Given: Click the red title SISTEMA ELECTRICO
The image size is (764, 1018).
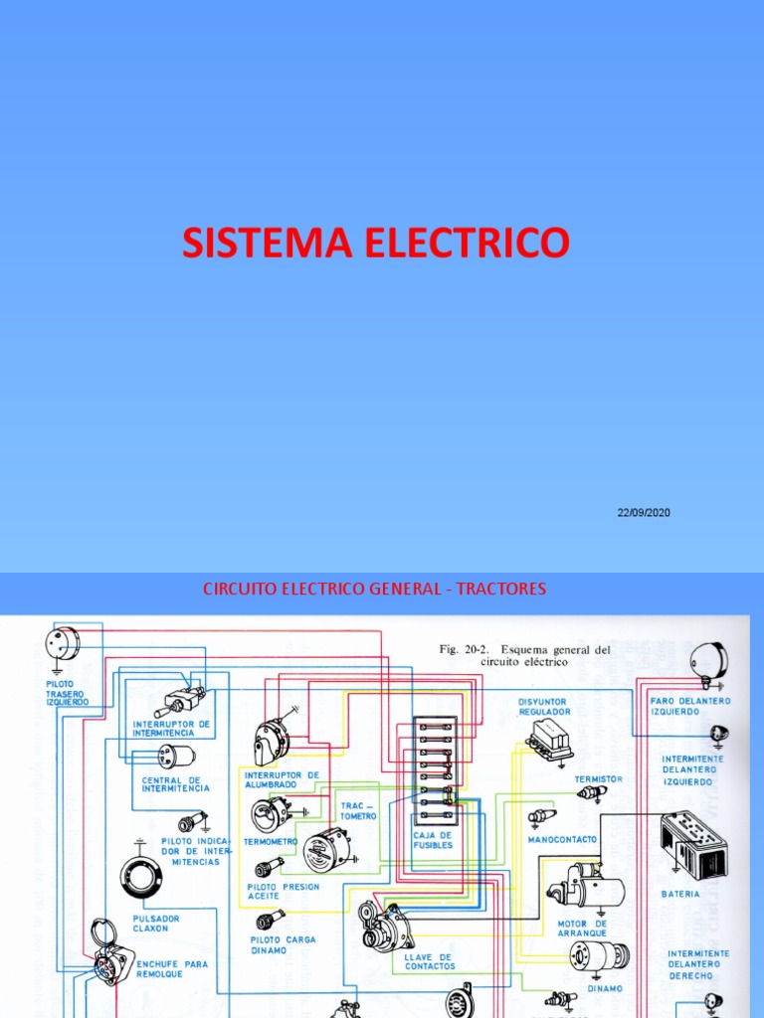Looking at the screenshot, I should click(376, 243).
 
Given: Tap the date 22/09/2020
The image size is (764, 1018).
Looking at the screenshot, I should click(644, 512).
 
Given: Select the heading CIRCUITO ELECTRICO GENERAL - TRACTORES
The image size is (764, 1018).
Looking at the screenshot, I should click(374, 589).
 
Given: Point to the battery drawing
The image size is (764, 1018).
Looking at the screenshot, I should click(693, 844).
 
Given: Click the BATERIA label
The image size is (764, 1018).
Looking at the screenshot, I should click(680, 894).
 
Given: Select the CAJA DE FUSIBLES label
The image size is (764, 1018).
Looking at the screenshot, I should click(433, 840).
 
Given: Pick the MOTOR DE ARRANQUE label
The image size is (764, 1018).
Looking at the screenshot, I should click(581, 929).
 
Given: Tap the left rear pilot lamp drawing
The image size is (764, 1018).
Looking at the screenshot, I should click(63, 644).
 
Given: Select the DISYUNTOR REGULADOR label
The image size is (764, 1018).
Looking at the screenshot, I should click(544, 706).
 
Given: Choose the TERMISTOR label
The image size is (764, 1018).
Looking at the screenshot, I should click(598, 778).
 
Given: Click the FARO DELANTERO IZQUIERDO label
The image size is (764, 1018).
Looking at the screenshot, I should click(689, 705).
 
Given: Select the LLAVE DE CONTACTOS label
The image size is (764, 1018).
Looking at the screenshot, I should click(430, 960).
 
